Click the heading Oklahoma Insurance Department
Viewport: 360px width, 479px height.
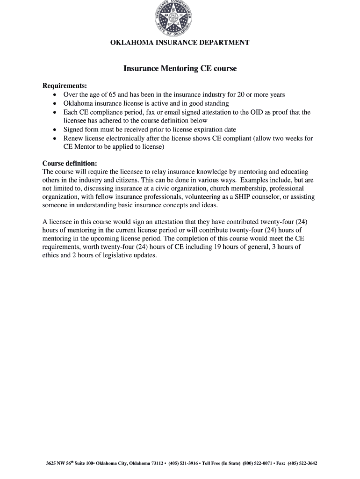pyautogui.click(x=180, y=43)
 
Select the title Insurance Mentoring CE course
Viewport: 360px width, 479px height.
pyautogui.click(x=180, y=69)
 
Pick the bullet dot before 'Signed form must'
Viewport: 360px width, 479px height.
pyautogui.click(x=55, y=130)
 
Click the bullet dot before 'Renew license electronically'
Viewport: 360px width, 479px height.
pyautogui.click(x=55, y=139)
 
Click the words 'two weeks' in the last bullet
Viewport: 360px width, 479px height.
pyautogui.click(x=285, y=138)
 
